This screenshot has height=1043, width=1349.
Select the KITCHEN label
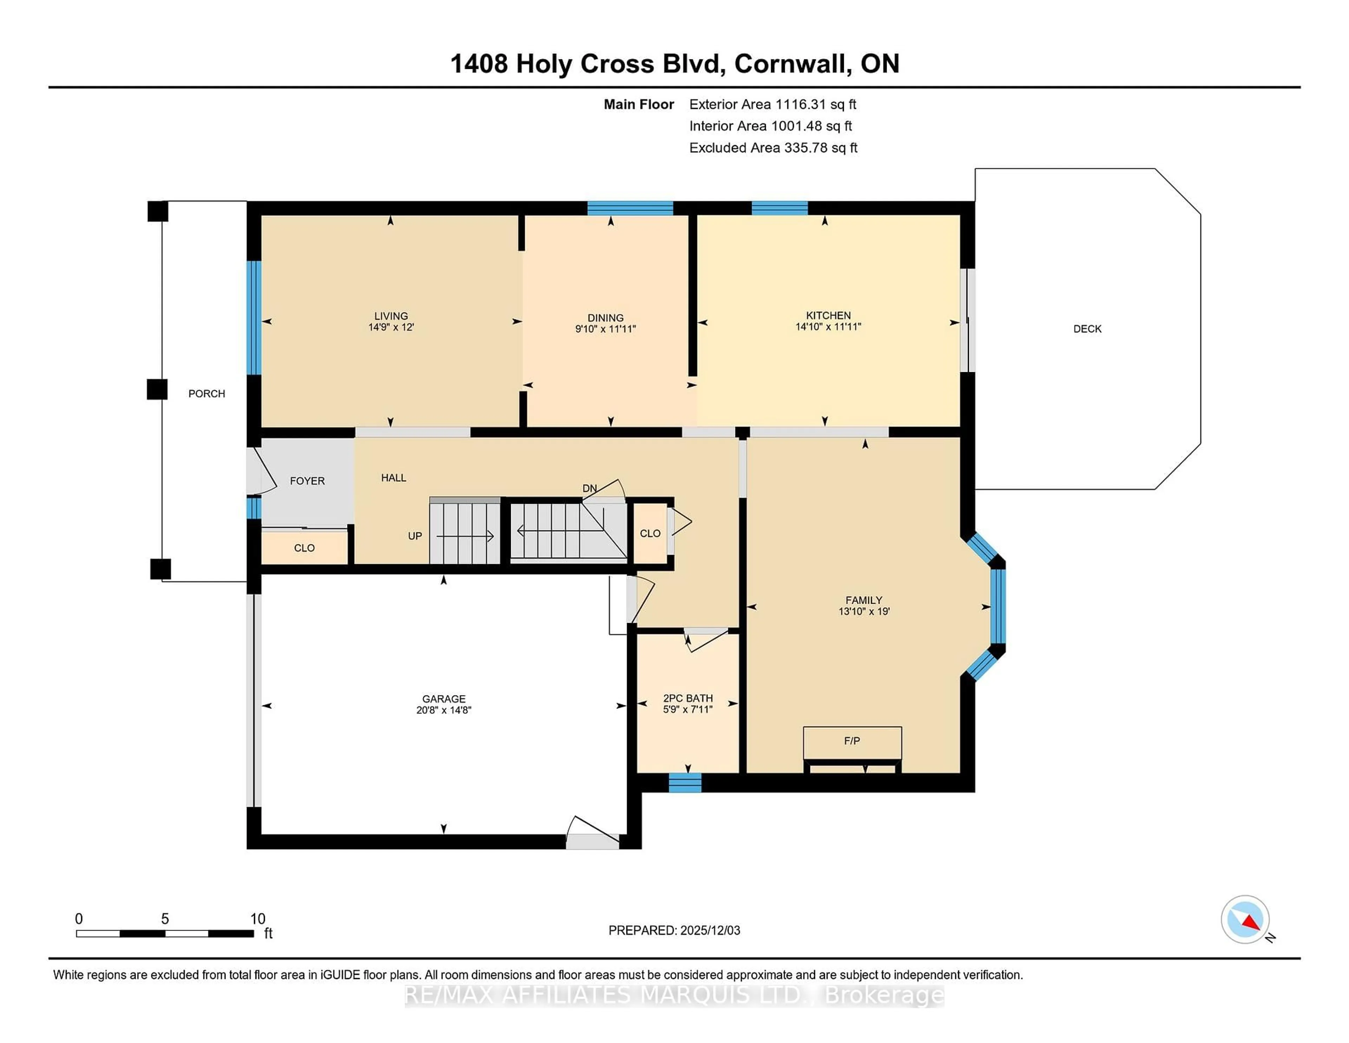click(x=828, y=315)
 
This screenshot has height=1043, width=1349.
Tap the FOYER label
click(x=307, y=481)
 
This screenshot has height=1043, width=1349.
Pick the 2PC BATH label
click(x=687, y=698)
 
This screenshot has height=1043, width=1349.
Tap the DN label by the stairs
click(x=589, y=488)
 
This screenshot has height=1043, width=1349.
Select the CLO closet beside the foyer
click(x=304, y=548)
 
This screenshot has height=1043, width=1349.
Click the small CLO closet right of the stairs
click(x=650, y=533)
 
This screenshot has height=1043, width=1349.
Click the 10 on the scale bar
click(x=258, y=919)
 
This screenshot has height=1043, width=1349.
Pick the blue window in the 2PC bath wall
click(x=685, y=783)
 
